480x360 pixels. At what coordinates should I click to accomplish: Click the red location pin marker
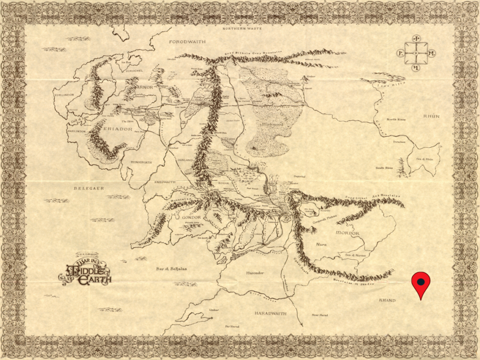click(421, 282)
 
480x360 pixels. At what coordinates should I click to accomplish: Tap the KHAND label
click(387, 300)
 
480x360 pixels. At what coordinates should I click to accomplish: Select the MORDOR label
click(347, 233)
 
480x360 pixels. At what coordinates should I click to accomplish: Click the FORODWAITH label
click(187, 42)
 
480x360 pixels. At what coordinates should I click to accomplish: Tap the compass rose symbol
click(416, 53)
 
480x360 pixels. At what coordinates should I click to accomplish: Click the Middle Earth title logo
click(86, 270)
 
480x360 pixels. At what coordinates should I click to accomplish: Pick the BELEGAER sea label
click(88, 188)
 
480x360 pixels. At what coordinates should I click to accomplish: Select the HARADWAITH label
click(271, 313)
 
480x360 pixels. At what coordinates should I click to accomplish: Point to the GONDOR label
click(189, 217)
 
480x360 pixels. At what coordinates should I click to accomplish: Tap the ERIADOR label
click(112, 128)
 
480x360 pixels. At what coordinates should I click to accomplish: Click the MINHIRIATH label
click(141, 162)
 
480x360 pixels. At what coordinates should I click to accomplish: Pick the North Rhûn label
click(396, 120)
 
